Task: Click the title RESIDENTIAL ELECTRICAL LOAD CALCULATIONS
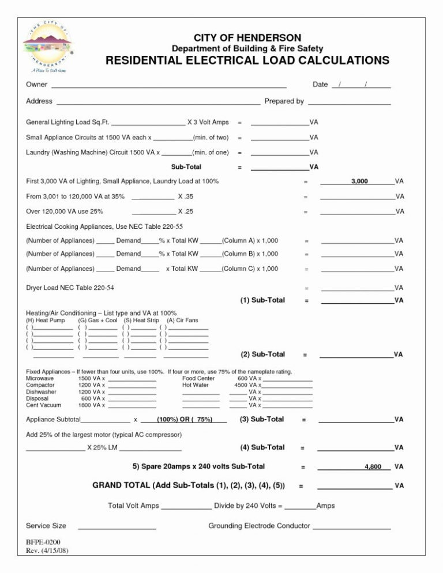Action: [247, 61]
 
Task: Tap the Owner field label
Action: [36, 85]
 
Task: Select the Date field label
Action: [320, 85]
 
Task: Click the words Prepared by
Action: [284, 101]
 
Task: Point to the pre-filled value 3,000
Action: [359, 182]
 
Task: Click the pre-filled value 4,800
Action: [373, 466]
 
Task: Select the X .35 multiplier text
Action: [185, 197]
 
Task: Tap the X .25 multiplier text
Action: [185, 212]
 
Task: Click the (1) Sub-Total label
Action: [262, 300]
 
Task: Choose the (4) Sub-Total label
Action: [262, 447]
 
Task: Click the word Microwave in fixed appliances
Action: [40, 379]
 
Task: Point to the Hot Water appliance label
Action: [195, 385]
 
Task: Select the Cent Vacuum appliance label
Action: [43, 405]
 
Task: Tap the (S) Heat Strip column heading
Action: [141, 320]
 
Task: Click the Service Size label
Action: [46, 526]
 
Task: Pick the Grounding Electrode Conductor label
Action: [259, 526]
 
